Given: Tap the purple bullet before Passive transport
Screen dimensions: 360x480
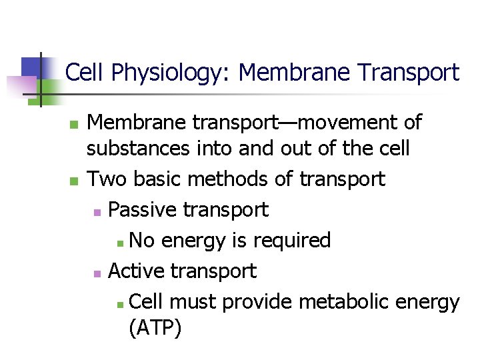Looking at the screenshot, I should pyautogui.click(x=97, y=212).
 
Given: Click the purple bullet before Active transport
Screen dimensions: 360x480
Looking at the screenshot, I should pyautogui.click(x=97, y=273).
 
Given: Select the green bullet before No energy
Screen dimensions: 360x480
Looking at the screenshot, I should pyautogui.click(x=119, y=242).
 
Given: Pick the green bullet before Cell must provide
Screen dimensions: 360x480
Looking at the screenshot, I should pyautogui.click(x=119, y=304).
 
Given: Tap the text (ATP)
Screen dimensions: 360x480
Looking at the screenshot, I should pyautogui.click(x=155, y=329).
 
